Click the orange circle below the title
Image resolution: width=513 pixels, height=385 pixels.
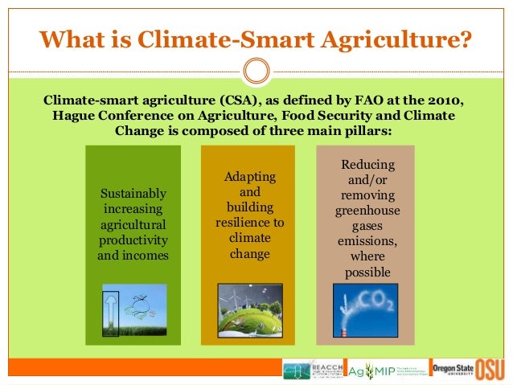pyautogui.click(x=256, y=71)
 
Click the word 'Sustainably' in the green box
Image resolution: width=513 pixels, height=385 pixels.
pyautogui.click(x=133, y=194)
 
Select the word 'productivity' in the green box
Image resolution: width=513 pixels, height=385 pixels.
pyautogui.click(x=133, y=240)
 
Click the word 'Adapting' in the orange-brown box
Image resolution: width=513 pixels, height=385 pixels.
pyautogui.click(x=250, y=177)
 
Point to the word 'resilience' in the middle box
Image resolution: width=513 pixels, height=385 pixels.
pyautogui.click(x=250, y=223)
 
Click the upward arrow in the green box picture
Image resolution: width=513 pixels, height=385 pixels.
pyautogui.click(x=110, y=309)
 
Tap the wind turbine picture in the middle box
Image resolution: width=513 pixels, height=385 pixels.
pyautogui.click(x=250, y=309)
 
